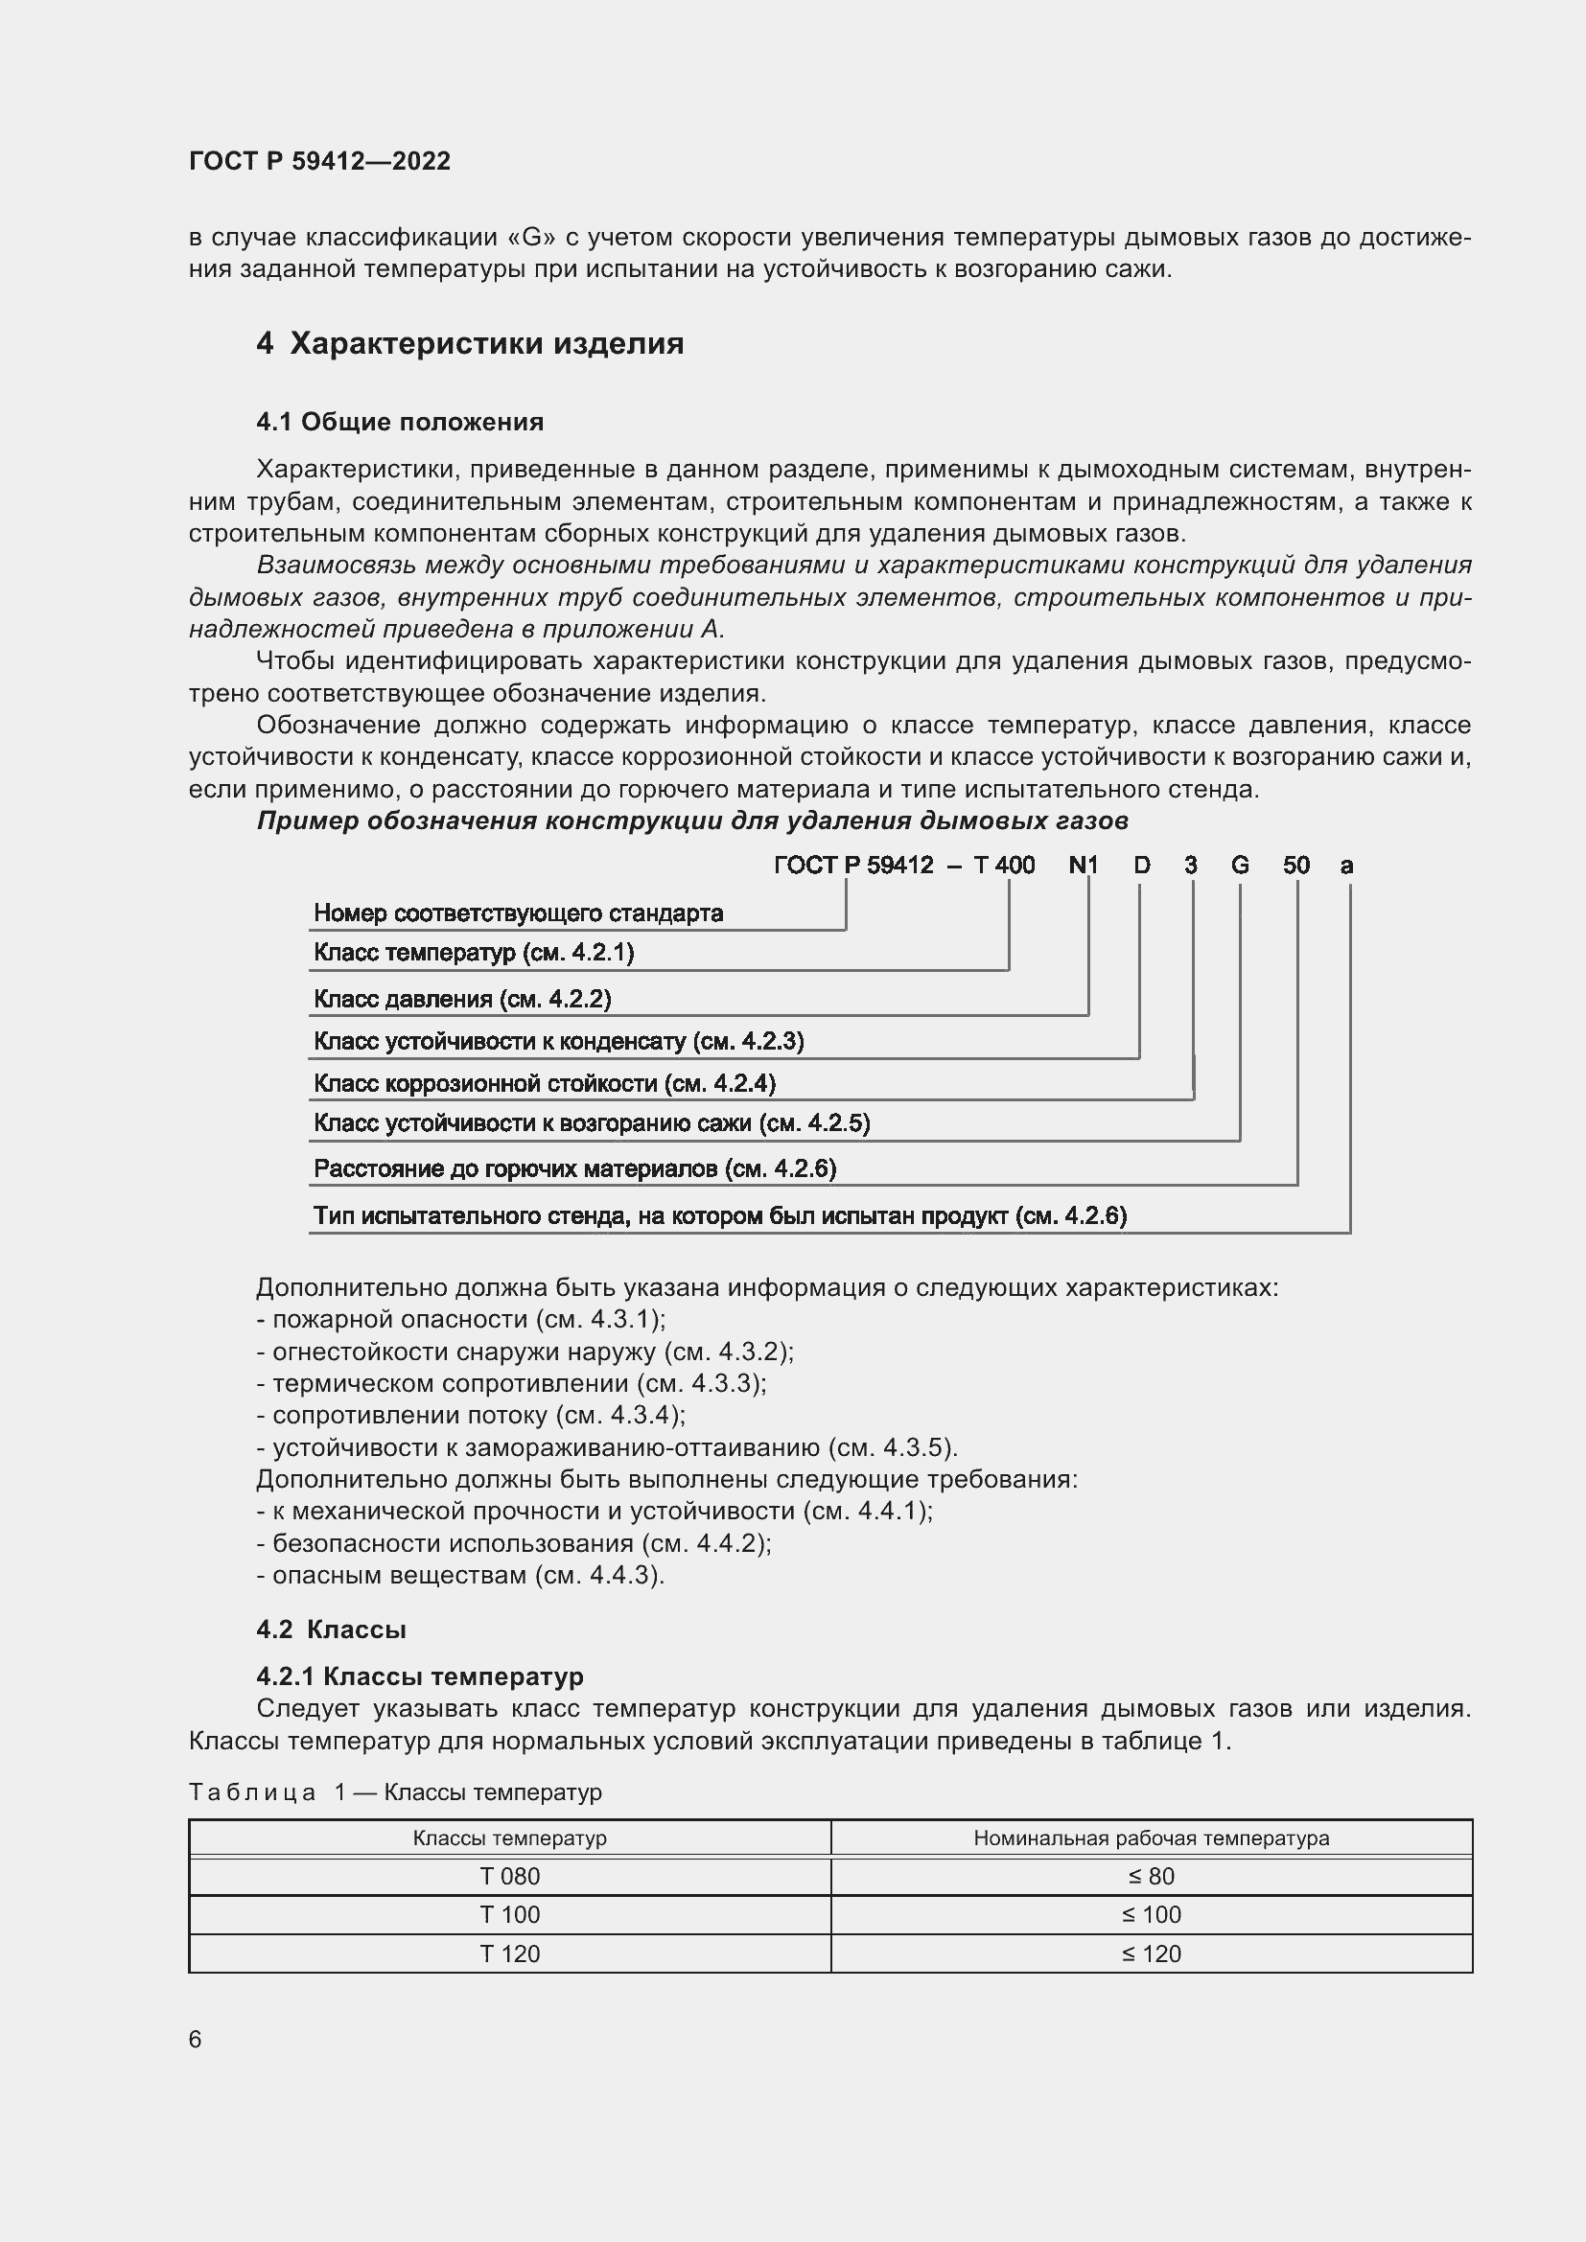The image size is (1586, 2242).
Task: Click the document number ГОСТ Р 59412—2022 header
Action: pyautogui.click(x=319, y=161)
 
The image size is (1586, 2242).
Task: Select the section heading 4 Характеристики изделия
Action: pyautogui.click(x=470, y=344)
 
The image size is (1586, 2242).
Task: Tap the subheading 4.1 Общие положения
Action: pyautogui.click(x=400, y=422)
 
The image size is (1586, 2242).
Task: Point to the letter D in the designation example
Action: pyautogui.click(x=1141, y=866)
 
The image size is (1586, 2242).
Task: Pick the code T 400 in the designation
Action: pyautogui.click(x=1004, y=866)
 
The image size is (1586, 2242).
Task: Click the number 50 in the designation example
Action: pyautogui.click(x=1296, y=866)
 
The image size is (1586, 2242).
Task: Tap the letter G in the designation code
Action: pyautogui.click(x=1239, y=866)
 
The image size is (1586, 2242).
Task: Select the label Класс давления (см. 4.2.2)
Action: pyautogui.click(x=462, y=999)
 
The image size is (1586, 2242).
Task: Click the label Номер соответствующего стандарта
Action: pyautogui.click(x=518, y=914)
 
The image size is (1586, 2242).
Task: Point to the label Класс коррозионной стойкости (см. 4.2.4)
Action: pyautogui.click(x=544, y=1083)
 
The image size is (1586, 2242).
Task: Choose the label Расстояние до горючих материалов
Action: pyautogui.click(x=574, y=1168)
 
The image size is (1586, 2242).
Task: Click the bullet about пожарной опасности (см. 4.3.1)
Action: pyautogui.click(x=461, y=1319)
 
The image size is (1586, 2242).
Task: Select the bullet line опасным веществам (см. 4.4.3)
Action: pyautogui.click(x=461, y=1575)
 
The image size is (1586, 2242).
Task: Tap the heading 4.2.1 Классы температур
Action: pyautogui.click(x=420, y=1676)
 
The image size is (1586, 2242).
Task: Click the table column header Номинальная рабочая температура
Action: pyautogui.click(x=1151, y=1838)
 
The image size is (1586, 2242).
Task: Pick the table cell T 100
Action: pyautogui.click(x=510, y=1915)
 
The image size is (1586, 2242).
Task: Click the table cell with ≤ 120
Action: pyautogui.click(x=1151, y=1953)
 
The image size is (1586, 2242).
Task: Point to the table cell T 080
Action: pyautogui.click(x=510, y=1876)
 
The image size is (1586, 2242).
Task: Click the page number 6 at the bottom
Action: pyautogui.click(x=196, y=2040)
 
